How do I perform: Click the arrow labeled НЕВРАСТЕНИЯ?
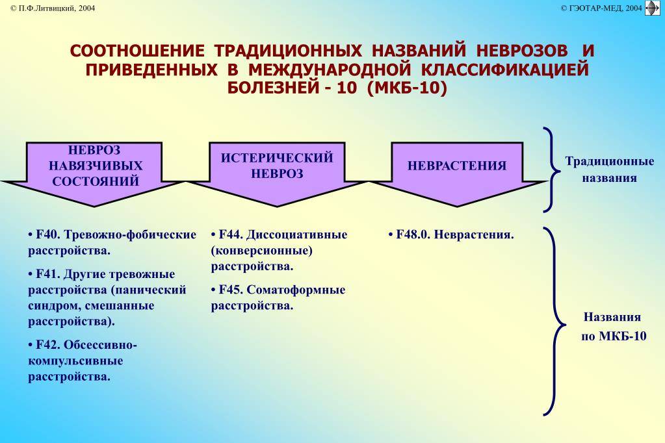click(457, 174)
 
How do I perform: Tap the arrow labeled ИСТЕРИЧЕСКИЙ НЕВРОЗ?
click(276, 174)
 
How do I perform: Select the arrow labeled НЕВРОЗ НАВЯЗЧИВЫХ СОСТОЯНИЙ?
click(94, 174)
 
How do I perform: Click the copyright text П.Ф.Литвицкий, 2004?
click(53, 8)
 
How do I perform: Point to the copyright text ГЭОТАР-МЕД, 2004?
click(601, 8)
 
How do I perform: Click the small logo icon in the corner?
click(652, 8)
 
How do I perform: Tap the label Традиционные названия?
click(610, 170)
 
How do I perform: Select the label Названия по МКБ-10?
click(613, 327)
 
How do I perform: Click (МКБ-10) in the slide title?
click(407, 88)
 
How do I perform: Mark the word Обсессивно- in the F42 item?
click(100, 345)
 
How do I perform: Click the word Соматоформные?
click(296, 290)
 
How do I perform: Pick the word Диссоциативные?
click(297, 235)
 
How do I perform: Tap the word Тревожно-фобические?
click(130, 235)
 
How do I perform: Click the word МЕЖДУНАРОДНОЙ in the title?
click(330, 70)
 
